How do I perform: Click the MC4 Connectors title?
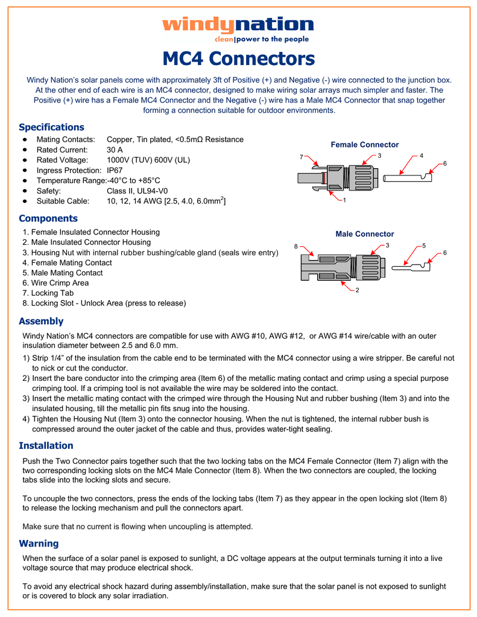(x=238, y=59)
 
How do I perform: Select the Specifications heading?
(x=51, y=127)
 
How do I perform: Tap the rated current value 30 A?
(x=115, y=149)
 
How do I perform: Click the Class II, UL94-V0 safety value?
(x=137, y=190)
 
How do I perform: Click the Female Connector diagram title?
(x=364, y=145)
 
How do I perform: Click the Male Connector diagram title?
(x=364, y=234)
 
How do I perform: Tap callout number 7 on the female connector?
(x=301, y=157)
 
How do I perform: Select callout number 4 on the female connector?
(x=422, y=155)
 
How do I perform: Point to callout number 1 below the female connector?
(x=344, y=200)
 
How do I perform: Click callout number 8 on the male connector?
(x=295, y=246)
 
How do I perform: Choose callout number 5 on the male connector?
(x=424, y=245)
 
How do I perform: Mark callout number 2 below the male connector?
(x=357, y=290)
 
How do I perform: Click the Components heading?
(x=48, y=218)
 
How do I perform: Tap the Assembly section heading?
(x=41, y=321)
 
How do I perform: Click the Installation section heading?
(x=46, y=445)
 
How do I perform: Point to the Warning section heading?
(x=39, y=543)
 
